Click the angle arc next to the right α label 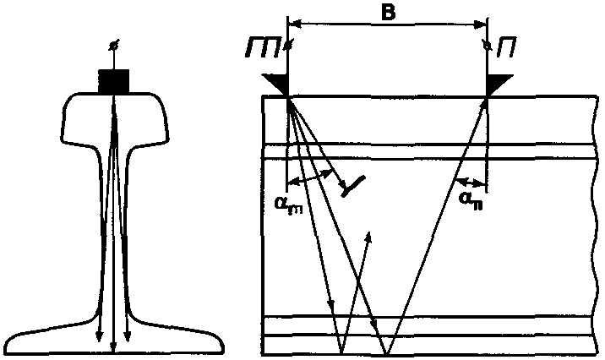469,180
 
